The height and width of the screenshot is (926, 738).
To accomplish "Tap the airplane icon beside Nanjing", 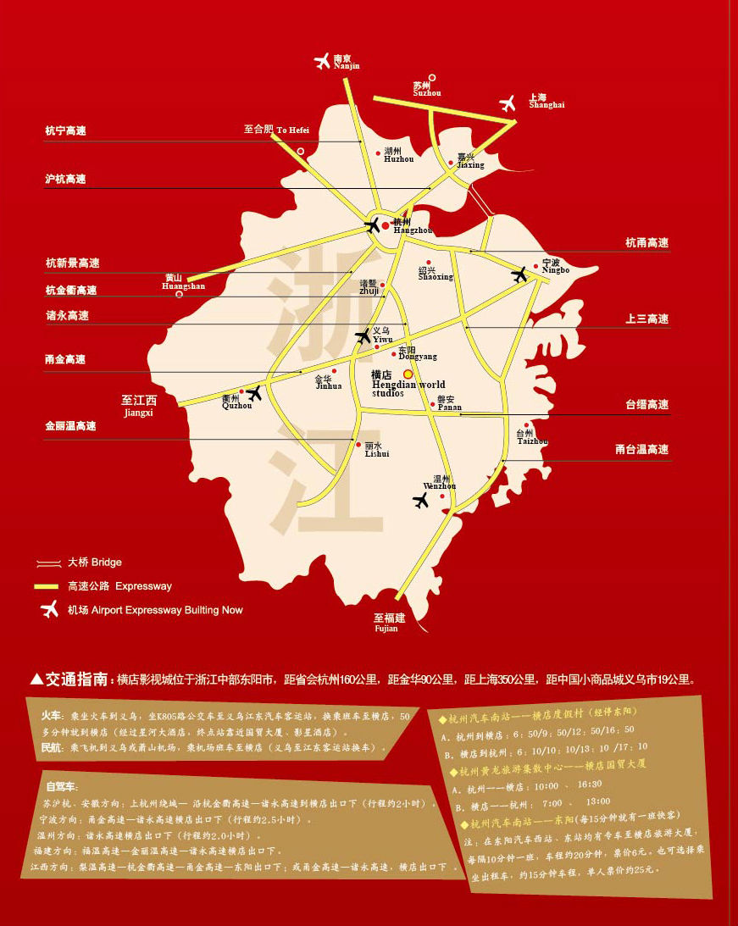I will (x=322, y=61).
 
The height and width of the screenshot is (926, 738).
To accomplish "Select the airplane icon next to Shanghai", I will (x=508, y=103).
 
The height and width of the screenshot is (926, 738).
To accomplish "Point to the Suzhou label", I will (x=426, y=89).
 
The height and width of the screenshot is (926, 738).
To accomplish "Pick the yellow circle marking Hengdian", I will (x=408, y=374).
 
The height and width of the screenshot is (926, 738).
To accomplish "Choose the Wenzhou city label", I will (x=440, y=482).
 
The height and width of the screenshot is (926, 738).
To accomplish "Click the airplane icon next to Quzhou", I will (x=253, y=392).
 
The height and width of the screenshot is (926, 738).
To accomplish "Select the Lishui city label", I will (x=376, y=449).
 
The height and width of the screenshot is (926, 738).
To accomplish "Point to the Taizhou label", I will (x=532, y=436).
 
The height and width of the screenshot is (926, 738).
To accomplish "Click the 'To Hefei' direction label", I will (x=277, y=130).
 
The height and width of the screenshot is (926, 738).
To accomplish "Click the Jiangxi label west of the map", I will (x=138, y=406).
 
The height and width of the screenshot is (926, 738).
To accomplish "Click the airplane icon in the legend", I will (x=50, y=609).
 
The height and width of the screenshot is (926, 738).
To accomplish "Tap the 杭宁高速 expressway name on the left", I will (x=65, y=131).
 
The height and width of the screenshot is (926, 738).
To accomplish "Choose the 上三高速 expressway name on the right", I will (x=646, y=319).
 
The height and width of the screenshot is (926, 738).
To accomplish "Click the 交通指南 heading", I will (x=76, y=679).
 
